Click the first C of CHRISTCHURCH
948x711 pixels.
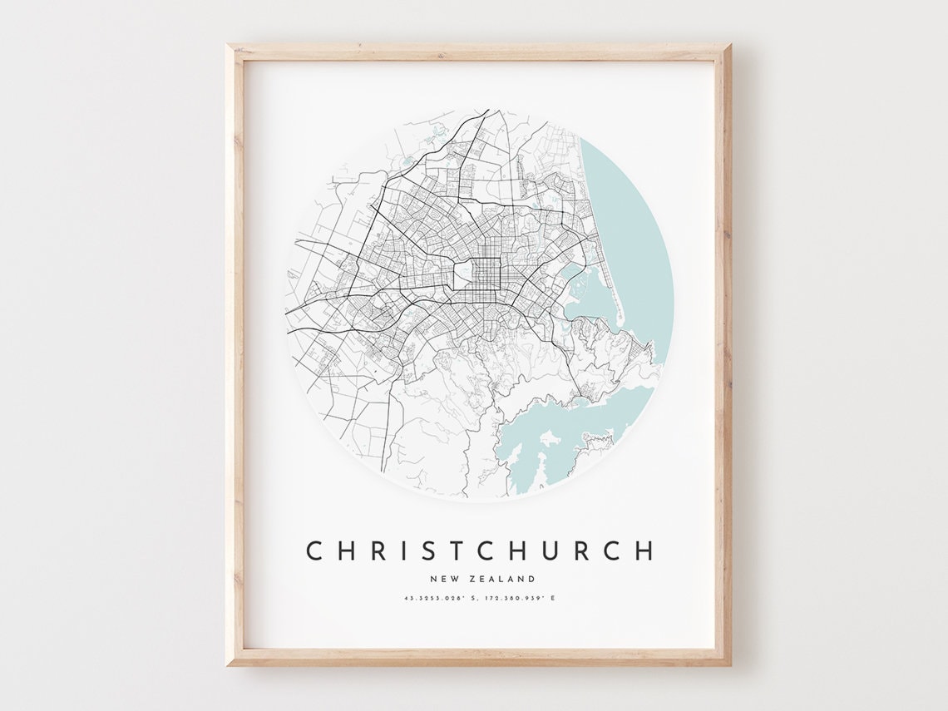pyautogui.click(x=314, y=551)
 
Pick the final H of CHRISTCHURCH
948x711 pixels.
pyautogui.click(x=644, y=551)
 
